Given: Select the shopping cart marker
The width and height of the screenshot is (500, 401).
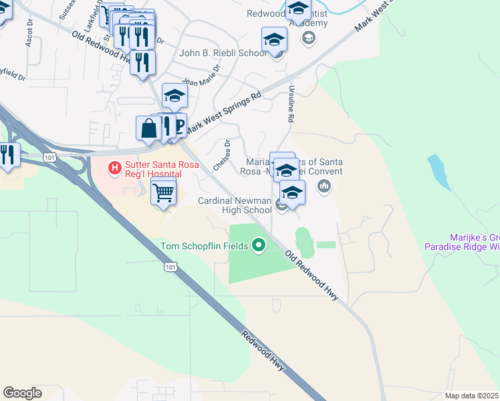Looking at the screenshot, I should [x=164, y=194].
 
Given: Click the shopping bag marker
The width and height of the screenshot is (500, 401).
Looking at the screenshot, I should [x=148, y=128].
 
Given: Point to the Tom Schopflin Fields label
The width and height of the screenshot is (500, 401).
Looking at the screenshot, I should [x=205, y=246].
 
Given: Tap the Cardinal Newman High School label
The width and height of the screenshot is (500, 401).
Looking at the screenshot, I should [x=235, y=205].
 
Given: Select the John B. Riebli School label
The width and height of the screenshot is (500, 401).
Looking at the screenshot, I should [x=223, y=53].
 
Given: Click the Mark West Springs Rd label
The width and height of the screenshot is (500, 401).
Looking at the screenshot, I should [x=223, y=113].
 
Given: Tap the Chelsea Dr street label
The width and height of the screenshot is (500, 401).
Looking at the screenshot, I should [x=221, y=154].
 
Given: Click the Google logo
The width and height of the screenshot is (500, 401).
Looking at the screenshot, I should [x=22, y=393].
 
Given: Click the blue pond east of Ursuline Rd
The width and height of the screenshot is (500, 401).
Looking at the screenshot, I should [x=439, y=170].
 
